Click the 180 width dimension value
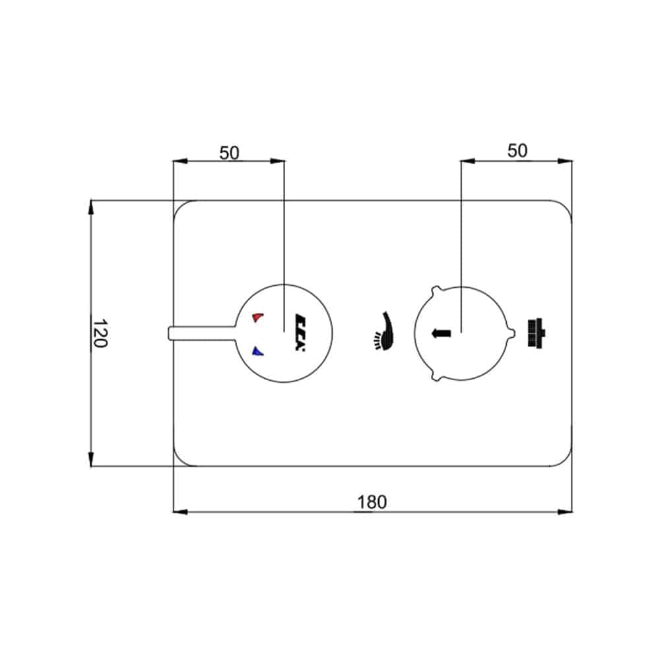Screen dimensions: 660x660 (x=372, y=502)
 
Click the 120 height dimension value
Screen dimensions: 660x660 (x=100, y=333)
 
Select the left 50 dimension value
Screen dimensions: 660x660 (x=229, y=153)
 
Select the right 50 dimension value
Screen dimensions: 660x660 (x=517, y=150)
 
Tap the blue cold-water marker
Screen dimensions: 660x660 (x=257, y=351)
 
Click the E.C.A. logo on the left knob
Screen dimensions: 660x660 (x=300, y=333)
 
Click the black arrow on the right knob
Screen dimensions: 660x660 (x=441, y=333)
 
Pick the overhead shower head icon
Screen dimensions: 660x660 (x=536, y=333)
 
